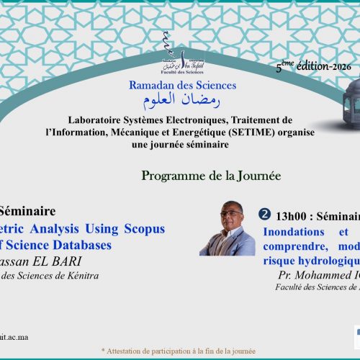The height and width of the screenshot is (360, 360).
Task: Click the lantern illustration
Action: pyautogui.click(x=333, y=108)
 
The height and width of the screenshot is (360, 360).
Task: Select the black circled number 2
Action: pyautogui.click(x=264, y=215)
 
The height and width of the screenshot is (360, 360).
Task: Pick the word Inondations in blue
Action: pyautogui.click(x=292, y=233)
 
